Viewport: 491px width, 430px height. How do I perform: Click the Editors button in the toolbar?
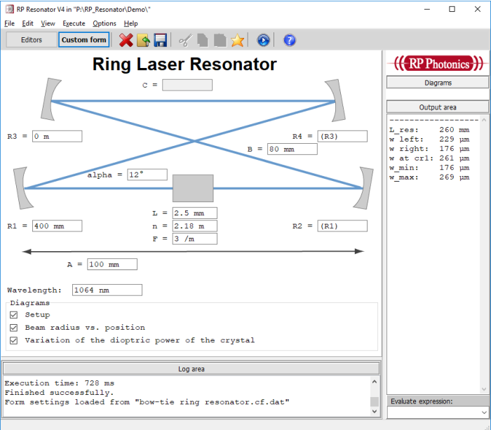[x=32, y=40]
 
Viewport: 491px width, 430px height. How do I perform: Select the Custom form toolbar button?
[x=84, y=40]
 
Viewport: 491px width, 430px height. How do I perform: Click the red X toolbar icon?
[x=126, y=41]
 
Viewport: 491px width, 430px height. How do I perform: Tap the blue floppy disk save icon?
[x=161, y=41]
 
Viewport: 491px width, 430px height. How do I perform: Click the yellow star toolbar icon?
[x=237, y=41]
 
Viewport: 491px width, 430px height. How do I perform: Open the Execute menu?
[x=74, y=23]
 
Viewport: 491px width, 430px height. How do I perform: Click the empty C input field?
[x=187, y=85]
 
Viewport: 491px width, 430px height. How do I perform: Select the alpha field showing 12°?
[x=147, y=175]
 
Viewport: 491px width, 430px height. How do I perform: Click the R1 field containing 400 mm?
[x=58, y=226]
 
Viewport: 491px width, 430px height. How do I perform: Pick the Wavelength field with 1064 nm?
[x=107, y=290]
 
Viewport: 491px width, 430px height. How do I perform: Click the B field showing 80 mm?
[x=292, y=149]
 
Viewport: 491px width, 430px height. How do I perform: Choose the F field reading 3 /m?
[x=195, y=239]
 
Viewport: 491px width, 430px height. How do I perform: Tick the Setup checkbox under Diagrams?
[x=14, y=315]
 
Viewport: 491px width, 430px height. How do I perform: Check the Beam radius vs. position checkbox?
[x=14, y=328]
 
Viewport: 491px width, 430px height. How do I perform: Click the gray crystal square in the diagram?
[x=193, y=188]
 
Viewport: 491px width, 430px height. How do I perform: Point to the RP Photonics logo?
[x=438, y=64]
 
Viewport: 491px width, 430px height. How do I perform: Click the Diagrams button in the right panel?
[x=438, y=83]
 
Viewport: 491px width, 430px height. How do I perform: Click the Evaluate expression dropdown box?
[x=438, y=412]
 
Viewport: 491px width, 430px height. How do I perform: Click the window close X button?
[x=478, y=9]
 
